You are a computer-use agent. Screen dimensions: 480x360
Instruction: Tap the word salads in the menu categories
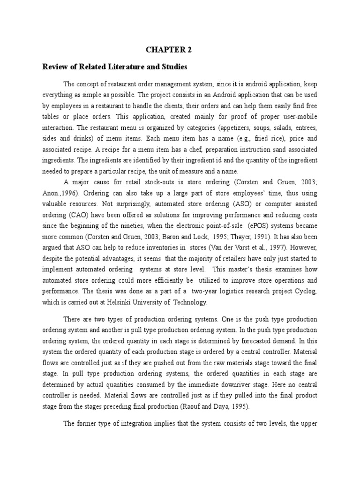pyautogui.click(x=288, y=128)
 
